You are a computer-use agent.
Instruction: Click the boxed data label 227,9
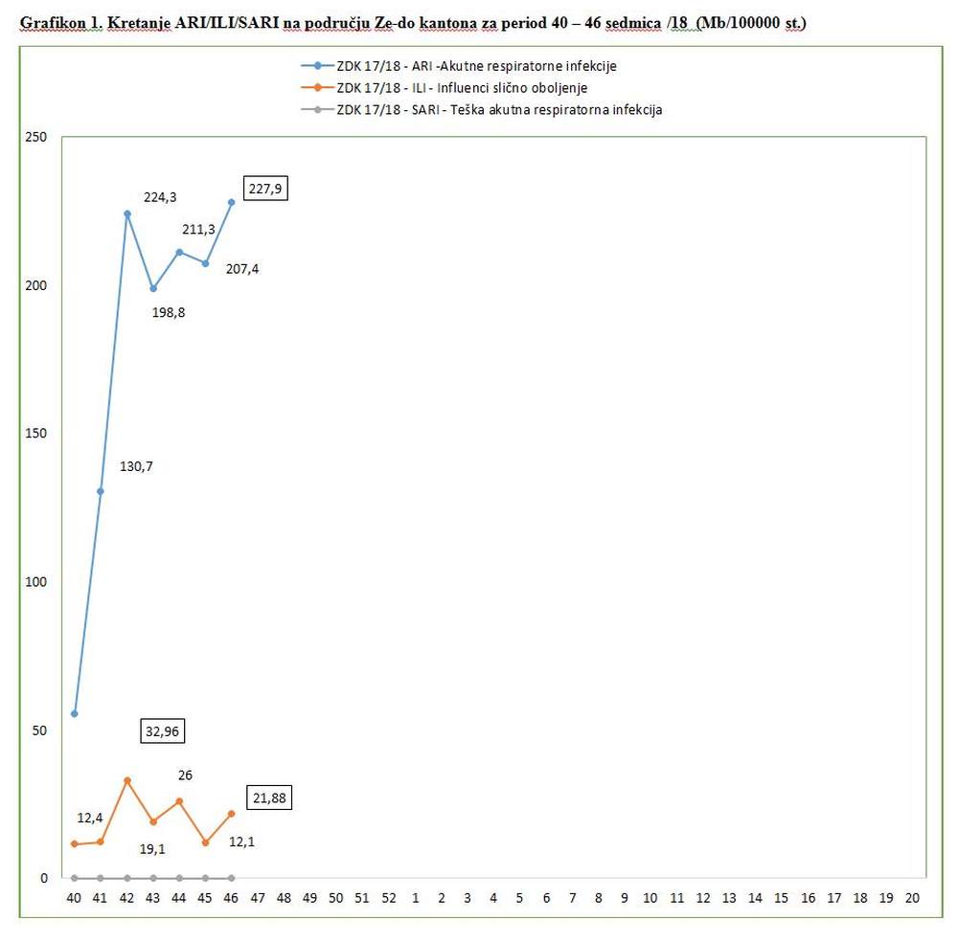point(266,189)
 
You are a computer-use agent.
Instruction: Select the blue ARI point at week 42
point(126,214)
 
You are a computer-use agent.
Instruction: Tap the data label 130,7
point(136,466)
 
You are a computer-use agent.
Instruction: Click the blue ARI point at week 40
point(75,714)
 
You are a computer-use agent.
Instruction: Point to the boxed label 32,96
point(161,731)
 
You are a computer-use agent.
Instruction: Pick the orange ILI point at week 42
point(126,780)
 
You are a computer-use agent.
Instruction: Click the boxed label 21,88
point(269,797)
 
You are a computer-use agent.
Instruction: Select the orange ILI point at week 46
point(231,814)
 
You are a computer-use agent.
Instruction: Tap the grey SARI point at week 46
point(231,877)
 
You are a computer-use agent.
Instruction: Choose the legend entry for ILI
point(461,87)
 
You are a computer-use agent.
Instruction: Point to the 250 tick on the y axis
point(36,138)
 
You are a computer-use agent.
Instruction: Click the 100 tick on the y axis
point(36,582)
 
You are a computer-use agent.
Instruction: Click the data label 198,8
point(169,311)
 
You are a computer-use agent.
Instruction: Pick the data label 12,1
point(242,842)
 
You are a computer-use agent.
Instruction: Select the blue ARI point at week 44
point(179,252)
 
